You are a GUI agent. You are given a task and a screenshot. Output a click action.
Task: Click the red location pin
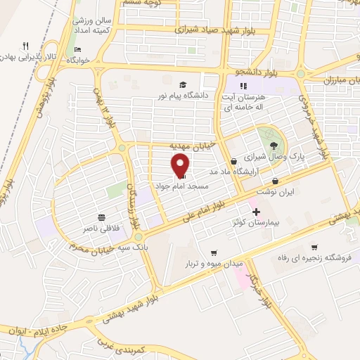tap(181, 165)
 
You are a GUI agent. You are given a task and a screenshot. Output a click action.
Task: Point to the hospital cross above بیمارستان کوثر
tap(255, 211)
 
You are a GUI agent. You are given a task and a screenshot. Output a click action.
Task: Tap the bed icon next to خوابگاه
tap(78, 49)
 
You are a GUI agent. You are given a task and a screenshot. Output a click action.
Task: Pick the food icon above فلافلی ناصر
tap(103, 217)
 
